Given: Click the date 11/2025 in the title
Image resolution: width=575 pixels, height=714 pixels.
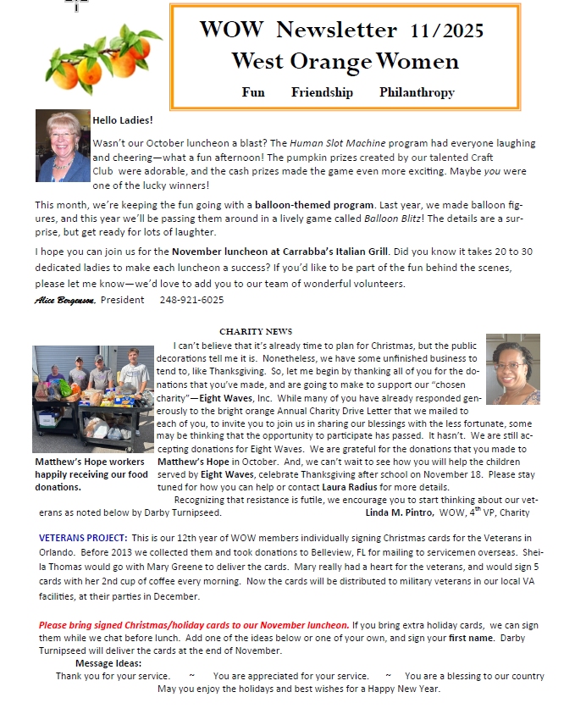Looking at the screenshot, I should (x=446, y=31).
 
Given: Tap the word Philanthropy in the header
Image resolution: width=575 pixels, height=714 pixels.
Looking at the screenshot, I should (x=417, y=92).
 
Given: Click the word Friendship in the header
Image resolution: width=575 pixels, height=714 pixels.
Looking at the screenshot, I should (x=322, y=92).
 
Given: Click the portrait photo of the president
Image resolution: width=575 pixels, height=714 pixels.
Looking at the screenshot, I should (x=62, y=146).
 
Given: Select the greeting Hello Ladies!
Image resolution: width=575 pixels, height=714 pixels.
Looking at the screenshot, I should (x=123, y=120).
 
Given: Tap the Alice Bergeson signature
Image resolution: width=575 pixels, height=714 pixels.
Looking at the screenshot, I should (x=65, y=300).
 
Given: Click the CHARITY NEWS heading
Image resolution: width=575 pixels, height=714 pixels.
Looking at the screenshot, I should (x=256, y=331).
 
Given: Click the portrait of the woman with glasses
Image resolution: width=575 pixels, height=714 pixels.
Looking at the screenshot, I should (x=512, y=369).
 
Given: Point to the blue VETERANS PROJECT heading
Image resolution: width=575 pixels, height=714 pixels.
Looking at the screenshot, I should (x=83, y=538).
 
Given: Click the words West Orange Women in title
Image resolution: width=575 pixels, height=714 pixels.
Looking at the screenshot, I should (x=345, y=61).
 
